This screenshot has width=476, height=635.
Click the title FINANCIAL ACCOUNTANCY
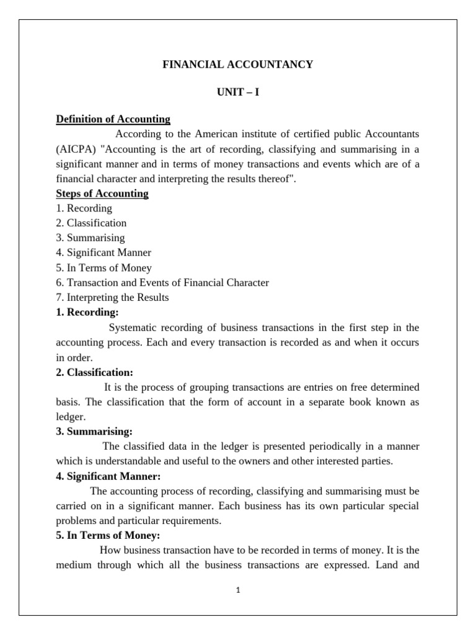(x=238, y=64)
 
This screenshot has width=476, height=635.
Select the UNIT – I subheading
(x=238, y=92)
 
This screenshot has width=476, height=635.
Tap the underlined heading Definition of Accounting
(x=113, y=119)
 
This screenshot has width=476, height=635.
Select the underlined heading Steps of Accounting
(x=102, y=193)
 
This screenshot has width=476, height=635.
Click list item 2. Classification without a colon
(x=91, y=223)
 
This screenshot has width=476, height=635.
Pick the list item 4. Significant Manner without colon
(x=104, y=253)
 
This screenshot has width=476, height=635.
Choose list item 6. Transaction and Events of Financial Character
(x=162, y=283)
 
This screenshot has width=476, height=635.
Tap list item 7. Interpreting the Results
(x=112, y=298)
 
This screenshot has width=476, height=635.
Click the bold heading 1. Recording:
(x=87, y=313)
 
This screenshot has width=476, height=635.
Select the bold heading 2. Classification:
(x=95, y=373)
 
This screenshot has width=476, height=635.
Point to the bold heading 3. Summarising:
(x=94, y=432)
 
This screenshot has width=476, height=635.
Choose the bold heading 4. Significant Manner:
(x=108, y=476)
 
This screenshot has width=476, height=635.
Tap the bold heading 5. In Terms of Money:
(x=108, y=536)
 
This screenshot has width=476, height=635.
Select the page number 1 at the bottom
(x=238, y=590)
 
